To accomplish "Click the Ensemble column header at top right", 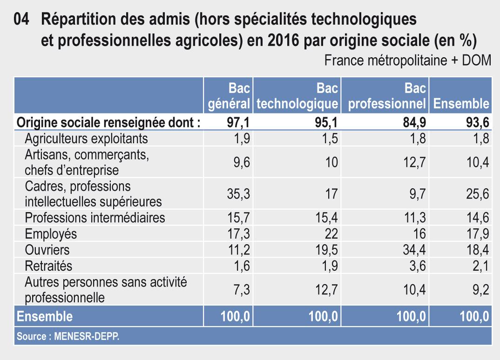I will click(x=461, y=103).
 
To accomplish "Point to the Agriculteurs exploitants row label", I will click(x=86, y=138).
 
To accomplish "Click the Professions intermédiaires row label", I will click(x=95, y=217).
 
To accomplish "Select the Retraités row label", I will click(x=48, y=266).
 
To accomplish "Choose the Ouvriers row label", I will click(x=47, y=250).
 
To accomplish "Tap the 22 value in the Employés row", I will click(x=331, y=234).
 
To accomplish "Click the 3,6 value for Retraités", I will click(x=418, y=267).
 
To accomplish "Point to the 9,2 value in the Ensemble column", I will click(x=480, y=290).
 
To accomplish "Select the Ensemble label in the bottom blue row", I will click(x=45, y=317).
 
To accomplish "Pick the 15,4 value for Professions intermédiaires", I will click(x=326, y=218).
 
